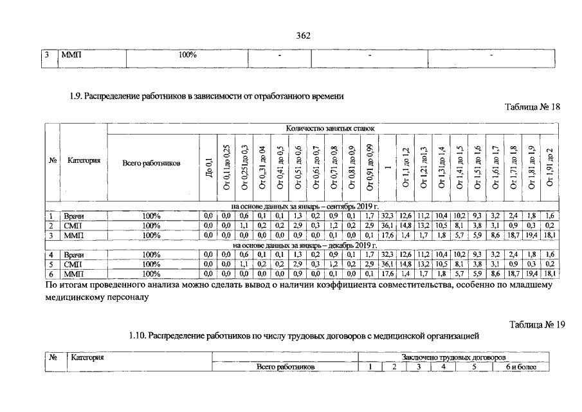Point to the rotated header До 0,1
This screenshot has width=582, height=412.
[x=208, y=173]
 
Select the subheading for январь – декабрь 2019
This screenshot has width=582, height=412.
[x=304, y=245]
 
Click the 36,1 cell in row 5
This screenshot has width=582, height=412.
[x=386, y=264]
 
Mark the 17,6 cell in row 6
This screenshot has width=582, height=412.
[x=386, y=274]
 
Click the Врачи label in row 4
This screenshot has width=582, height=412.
[x=73, y=255]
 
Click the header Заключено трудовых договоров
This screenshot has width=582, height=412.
[x=453, y=357]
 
